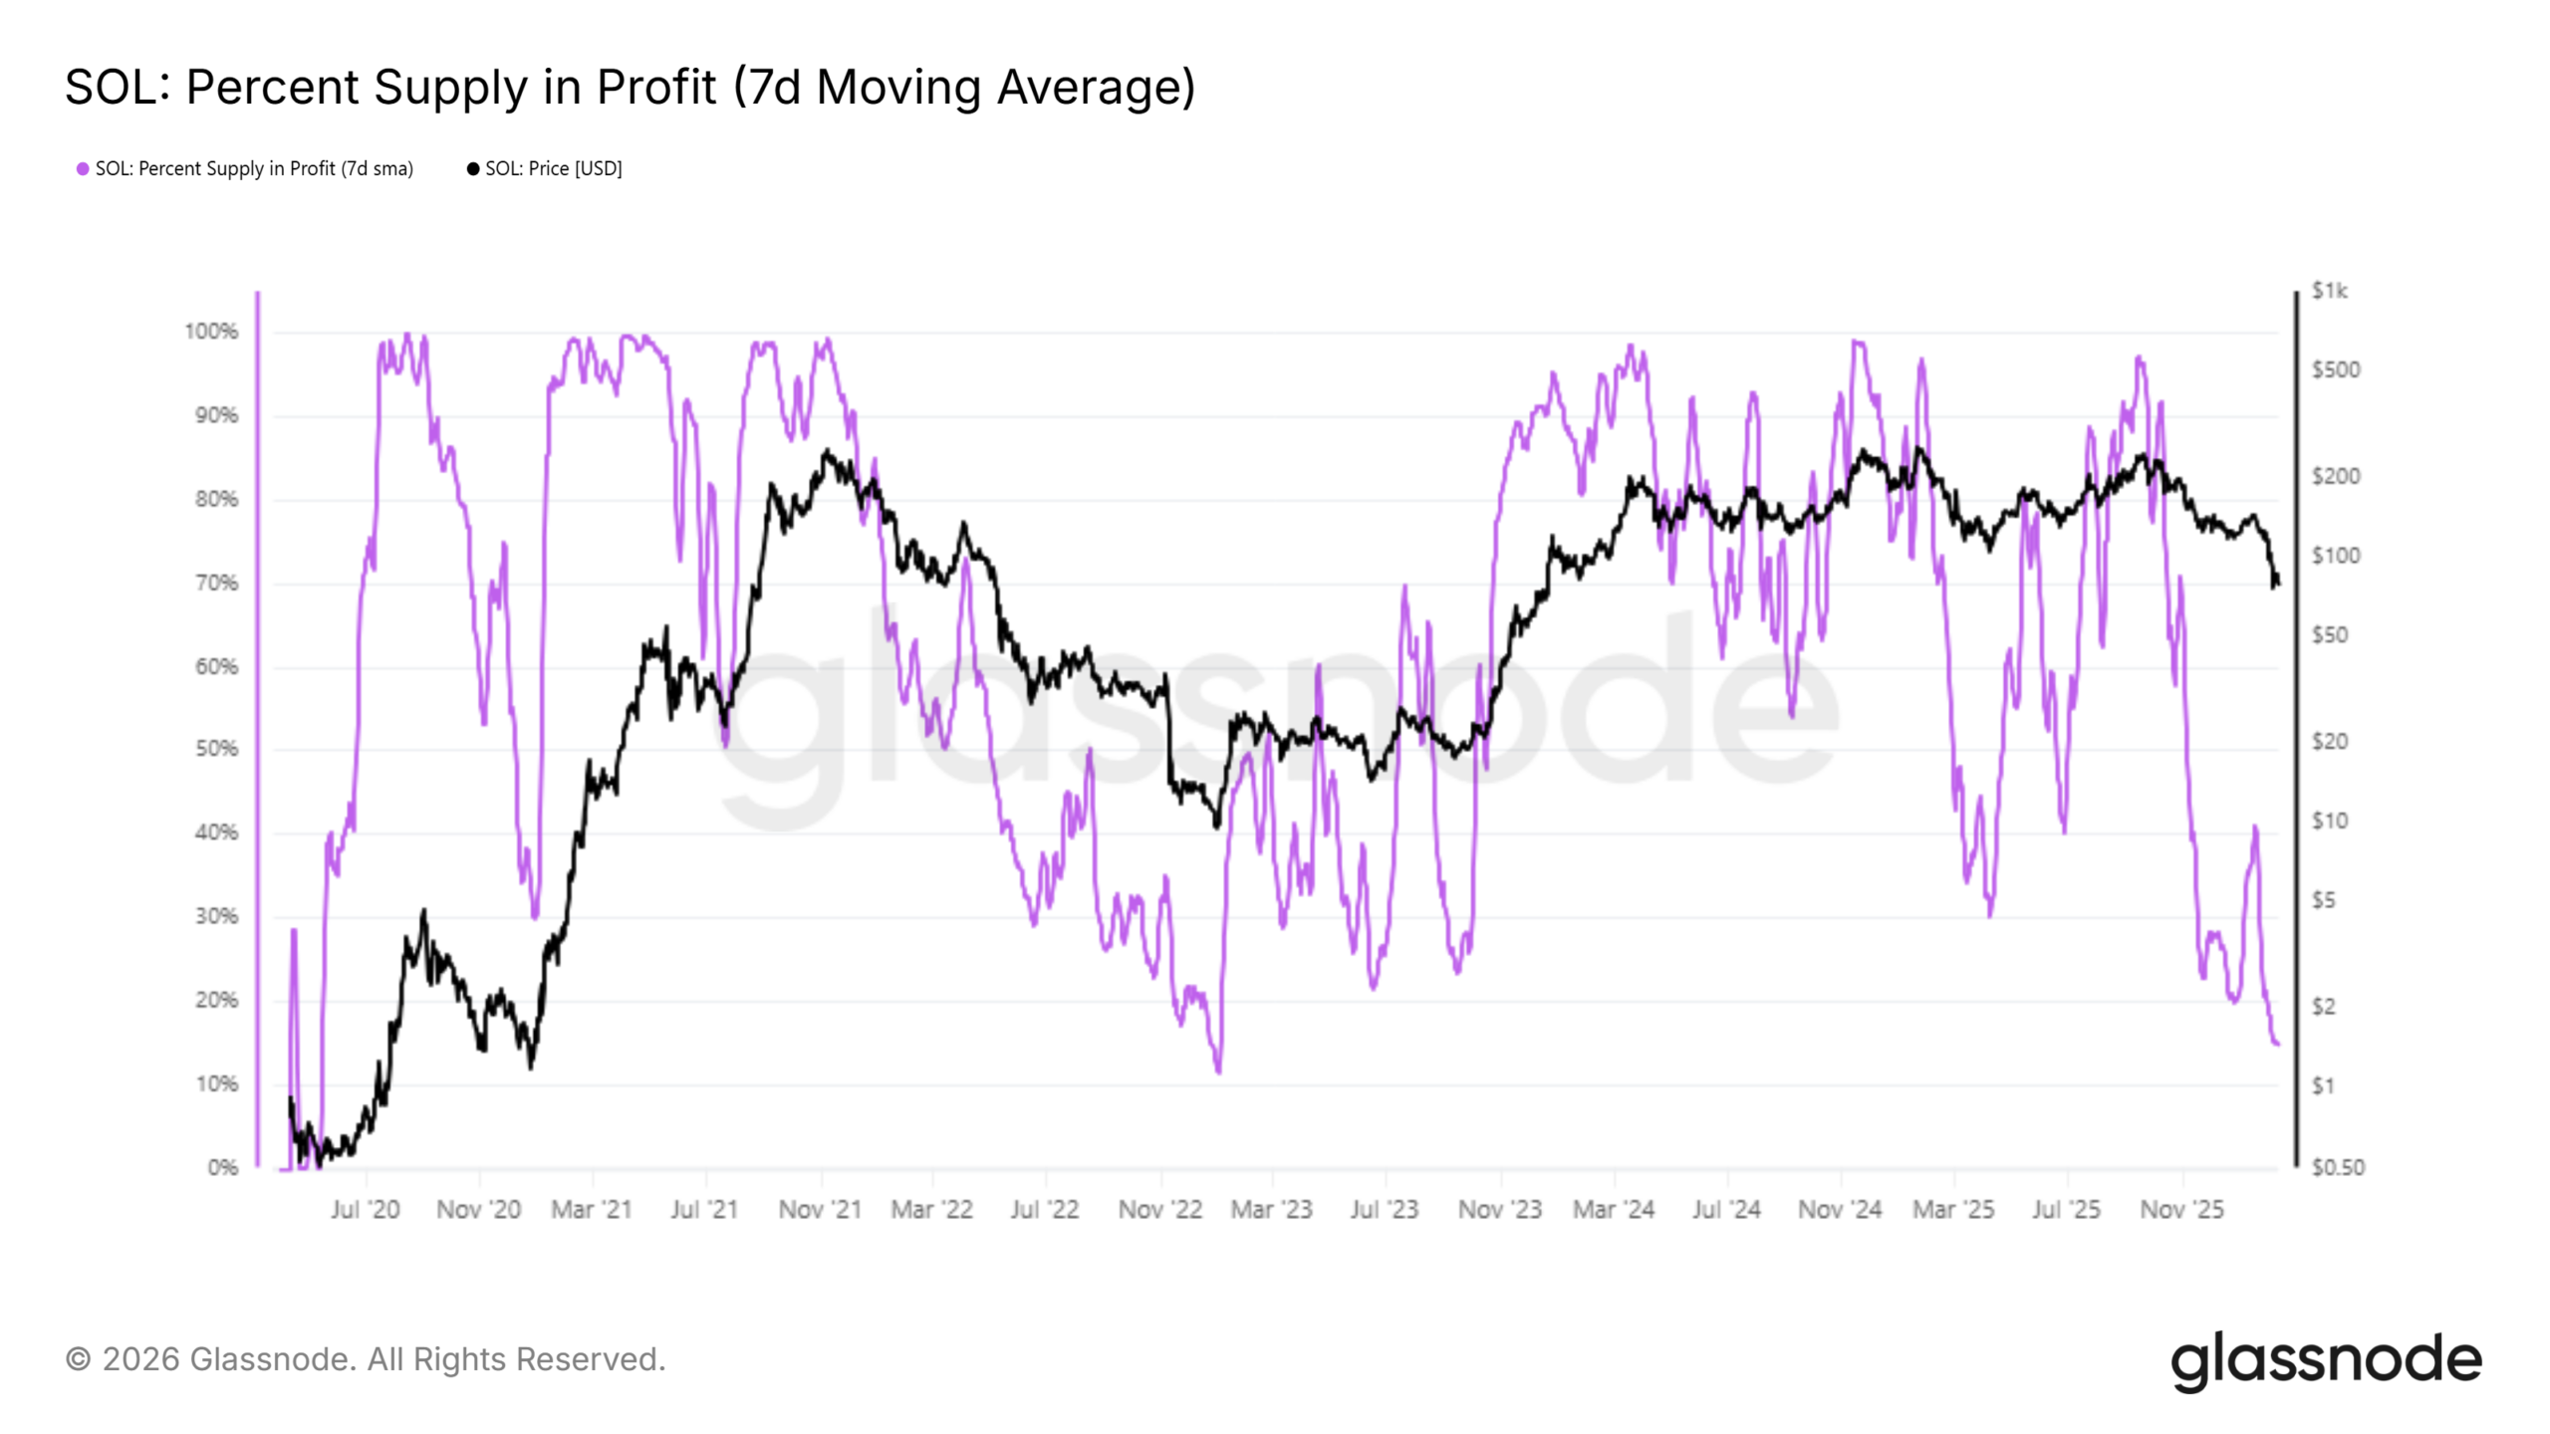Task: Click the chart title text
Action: [630, 88]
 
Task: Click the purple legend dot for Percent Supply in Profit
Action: [83, 169]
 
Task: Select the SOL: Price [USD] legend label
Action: [553, 169]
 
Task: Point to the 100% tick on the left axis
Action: [211, 332]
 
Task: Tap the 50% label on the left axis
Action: [216, 749]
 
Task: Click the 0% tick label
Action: [223, 1167]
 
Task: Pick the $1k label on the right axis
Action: [2329, 291]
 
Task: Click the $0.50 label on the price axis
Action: [2337, 1167]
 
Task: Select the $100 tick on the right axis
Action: [2336, 556]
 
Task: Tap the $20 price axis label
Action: [2330, 741]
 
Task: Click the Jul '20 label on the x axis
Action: [365, 1210]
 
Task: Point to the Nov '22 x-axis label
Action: [1160, 1210]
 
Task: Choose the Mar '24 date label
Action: [1614, 1210]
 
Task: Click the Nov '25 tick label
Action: [2181, 1210]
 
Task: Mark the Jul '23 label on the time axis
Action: [1384, 1210]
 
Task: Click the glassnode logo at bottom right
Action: [2326, 1360]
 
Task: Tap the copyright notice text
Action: [366, 1360]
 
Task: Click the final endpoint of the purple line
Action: [2277, 1044]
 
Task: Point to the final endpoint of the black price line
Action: [2277, 583]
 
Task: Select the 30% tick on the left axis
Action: [216, 916]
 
